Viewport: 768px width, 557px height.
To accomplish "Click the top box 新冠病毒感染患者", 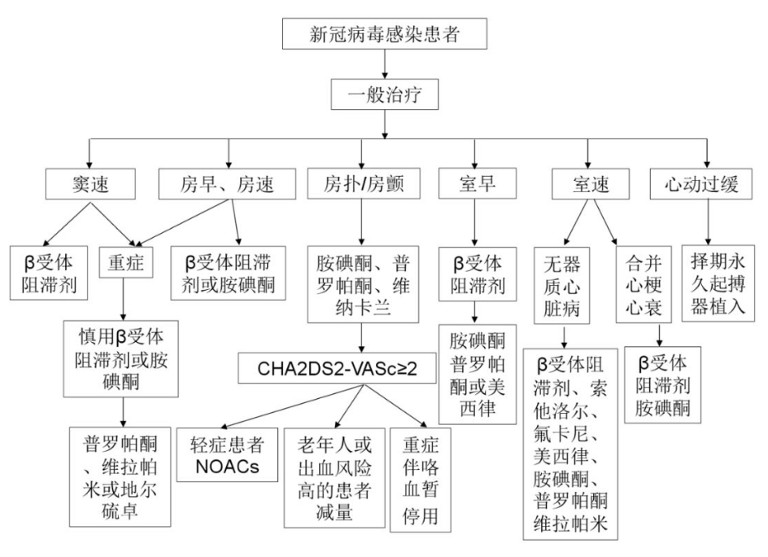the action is [385, 34].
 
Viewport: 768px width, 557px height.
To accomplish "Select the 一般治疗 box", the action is [385, 94].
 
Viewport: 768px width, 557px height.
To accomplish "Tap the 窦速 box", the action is [90, 184].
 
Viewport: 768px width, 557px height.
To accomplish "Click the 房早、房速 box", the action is [227, 184].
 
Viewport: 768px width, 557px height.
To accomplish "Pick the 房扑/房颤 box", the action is [364, 184].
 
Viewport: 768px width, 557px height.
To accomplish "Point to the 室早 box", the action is [477, 183].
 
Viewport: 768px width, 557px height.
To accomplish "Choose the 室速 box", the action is [591, 184].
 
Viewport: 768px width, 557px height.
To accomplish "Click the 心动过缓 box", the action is [701, 184].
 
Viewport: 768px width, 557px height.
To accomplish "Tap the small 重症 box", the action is [126, 262].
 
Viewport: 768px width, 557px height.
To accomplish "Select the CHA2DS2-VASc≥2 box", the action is [337, 368].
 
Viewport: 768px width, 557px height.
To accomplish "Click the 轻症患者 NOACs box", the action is [227, 454].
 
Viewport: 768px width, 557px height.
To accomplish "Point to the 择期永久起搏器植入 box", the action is [718, 284].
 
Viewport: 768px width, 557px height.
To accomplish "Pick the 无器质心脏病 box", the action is [562, 285].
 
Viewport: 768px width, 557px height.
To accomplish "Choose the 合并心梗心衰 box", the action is [644, 285].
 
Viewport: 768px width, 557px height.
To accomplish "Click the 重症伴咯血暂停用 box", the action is [421, 480].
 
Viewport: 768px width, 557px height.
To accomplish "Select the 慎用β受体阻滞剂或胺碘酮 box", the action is [120, 359].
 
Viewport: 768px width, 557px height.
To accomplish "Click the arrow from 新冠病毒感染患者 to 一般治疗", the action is [385, 64].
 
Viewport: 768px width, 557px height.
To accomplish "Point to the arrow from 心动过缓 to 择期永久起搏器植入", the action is [707, 222].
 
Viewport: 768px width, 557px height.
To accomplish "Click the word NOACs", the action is [227, 467].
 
